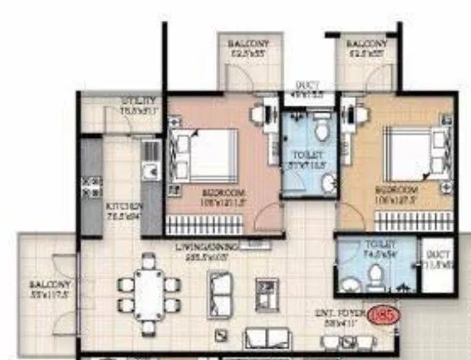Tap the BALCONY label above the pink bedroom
click(x=245, y=44)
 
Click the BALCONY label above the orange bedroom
click(x=366, y=44)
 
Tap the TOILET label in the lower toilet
click(x=377, y=245)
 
